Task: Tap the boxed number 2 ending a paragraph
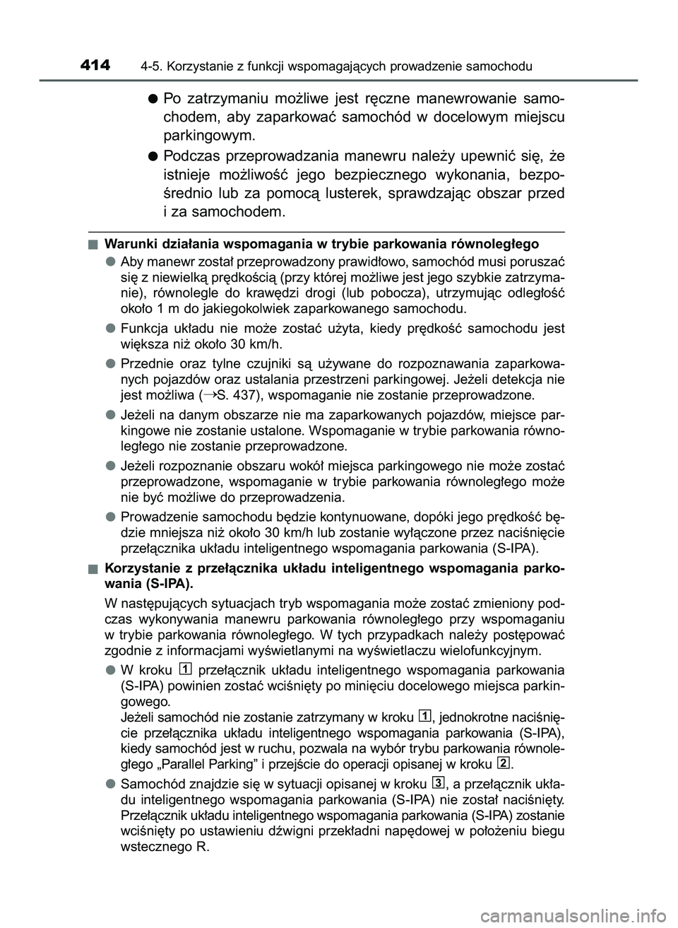pyautogui.click(x=501, y=763)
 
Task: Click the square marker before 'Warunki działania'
pyautogui.click(x=93, y=245)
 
